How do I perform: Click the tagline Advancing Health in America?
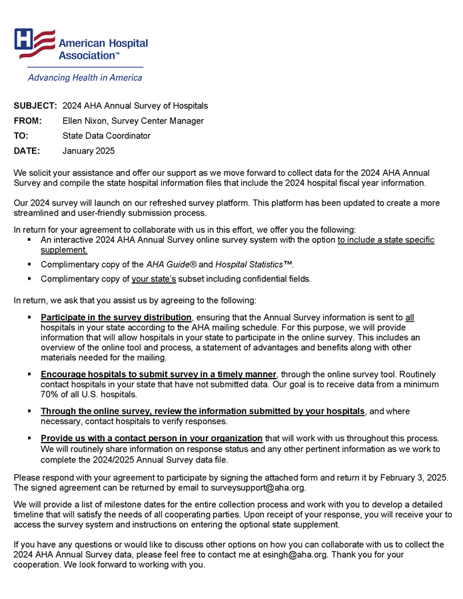pyautogui.click(x=85, y=78)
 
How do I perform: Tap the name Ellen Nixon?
pyautogui.click(x=85, y=121)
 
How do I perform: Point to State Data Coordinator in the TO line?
pyautogui.click(x=107, y=136)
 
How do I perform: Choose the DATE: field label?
pyautogui.click(x=27, y=151)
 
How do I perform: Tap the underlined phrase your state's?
pyautogui.click(x=154, y=279)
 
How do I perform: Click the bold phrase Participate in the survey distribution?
pyautogui.click(x=116, y=317)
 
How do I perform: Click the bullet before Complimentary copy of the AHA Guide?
pyautogui.click(x=31, y=264)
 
